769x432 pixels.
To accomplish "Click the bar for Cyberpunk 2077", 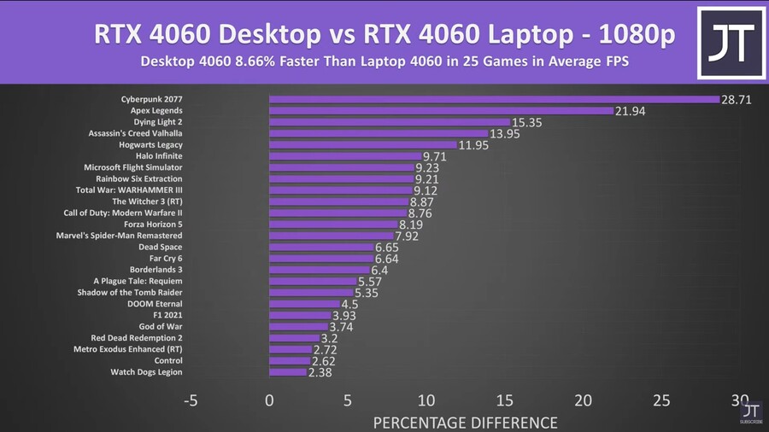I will pyautogui.click(x=494, y=99).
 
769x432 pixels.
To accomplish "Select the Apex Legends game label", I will pyautogui.click(x=156, y=110).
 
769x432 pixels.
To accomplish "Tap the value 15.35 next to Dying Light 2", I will pyautogui.click(x=527, y=123).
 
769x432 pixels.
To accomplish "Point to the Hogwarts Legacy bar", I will pyautogui.click(x=363, y=144).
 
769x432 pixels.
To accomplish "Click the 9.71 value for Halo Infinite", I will pyautogui.click(x=436, y=157).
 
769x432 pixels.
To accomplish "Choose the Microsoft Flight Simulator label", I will pyautogui.click(x=132, y=167).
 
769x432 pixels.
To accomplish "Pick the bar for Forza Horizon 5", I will pyautogui.click(x=333, y=225).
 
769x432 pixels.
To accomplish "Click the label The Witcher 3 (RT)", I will pyautogui.click(x=147, y=201).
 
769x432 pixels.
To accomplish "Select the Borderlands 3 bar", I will pyautogui.click(x=320, y=270).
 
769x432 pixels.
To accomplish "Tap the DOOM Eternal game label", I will pyautogui.click(x=155, y=304).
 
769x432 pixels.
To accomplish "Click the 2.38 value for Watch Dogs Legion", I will pyautogui.click(x=322, y=373).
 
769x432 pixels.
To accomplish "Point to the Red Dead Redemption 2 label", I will pyautogui.click(x=137, y=338).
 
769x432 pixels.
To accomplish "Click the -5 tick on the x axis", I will pyautogui.click(x=191, y=401).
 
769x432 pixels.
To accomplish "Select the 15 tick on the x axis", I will pyautogui.click(x=504, y=401).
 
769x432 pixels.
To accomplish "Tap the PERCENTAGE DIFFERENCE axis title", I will pyautogui.click(x=465, y=423).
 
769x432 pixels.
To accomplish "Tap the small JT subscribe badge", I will pyautogui.click(x=751, y=413).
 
